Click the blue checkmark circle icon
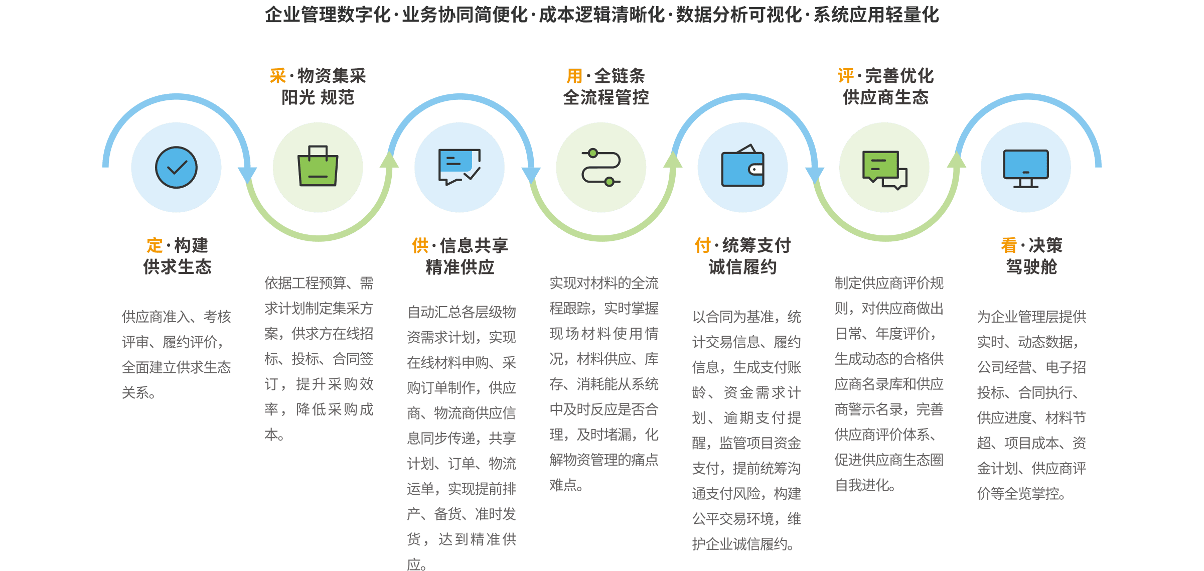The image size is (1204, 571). point(176,168)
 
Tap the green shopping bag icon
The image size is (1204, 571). point(318,167)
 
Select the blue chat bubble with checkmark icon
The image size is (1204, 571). point(459,167)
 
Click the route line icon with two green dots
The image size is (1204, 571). point(601,167)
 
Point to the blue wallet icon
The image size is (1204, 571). point(742,167)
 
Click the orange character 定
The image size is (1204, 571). point(155,246)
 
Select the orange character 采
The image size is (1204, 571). point(278,76)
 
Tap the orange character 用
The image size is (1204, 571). point(574,76)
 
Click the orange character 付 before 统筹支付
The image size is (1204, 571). point(703,246)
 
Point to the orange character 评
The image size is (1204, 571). point(846,76)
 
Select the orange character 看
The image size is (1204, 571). point(1009,246)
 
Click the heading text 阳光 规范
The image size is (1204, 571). point(318,97)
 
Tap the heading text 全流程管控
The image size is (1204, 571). point(606,97)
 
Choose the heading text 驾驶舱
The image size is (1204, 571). point(1031,267)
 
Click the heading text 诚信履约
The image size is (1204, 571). point(742,267)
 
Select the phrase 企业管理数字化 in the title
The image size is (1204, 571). point(328,15)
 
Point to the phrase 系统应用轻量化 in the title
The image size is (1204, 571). point(876,15)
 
